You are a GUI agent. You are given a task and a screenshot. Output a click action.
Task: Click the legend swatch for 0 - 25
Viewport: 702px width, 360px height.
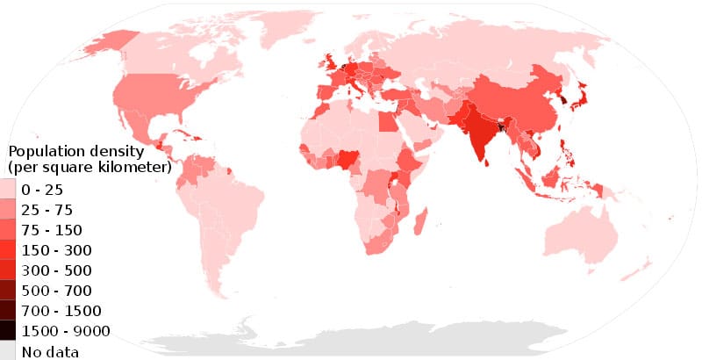[7, 190]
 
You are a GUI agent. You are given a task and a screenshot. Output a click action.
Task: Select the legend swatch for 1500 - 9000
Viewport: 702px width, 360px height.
[7, 331]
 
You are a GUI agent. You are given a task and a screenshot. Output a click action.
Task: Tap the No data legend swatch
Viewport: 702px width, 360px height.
[7, 351]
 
